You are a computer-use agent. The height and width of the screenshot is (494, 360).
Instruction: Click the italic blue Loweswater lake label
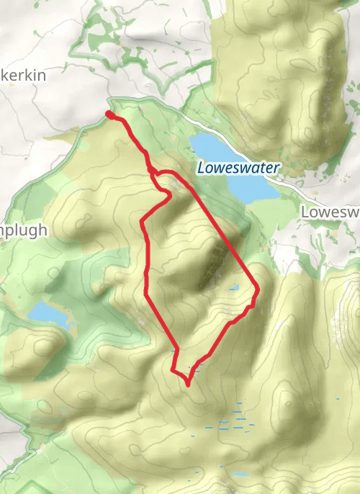point(238,168)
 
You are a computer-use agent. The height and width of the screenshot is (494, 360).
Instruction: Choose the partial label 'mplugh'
point(24,230)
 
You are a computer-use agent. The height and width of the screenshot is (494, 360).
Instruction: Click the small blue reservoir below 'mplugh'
point(49,313)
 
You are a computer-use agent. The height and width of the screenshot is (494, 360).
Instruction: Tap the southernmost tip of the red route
point(187,385)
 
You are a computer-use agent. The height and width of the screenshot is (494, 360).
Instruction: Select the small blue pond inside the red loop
point(235,287)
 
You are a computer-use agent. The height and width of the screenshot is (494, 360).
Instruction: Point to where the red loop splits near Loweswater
point(153,172)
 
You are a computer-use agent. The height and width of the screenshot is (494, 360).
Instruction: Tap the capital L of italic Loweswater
point(201,168)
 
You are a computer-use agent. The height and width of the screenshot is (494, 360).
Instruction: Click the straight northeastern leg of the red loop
point(223,230)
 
